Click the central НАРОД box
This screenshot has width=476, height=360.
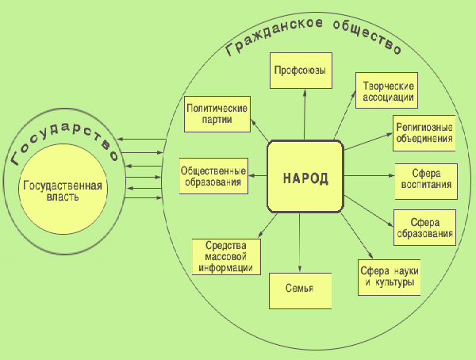coord(305,176)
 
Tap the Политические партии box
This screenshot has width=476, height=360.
coord(217,113)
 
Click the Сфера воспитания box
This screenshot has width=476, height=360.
coord(424,180)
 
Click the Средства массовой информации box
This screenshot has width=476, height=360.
coord(227,255)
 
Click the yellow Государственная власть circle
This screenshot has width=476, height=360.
coord(63,190)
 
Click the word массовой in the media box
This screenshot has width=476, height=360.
coord(228,256)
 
